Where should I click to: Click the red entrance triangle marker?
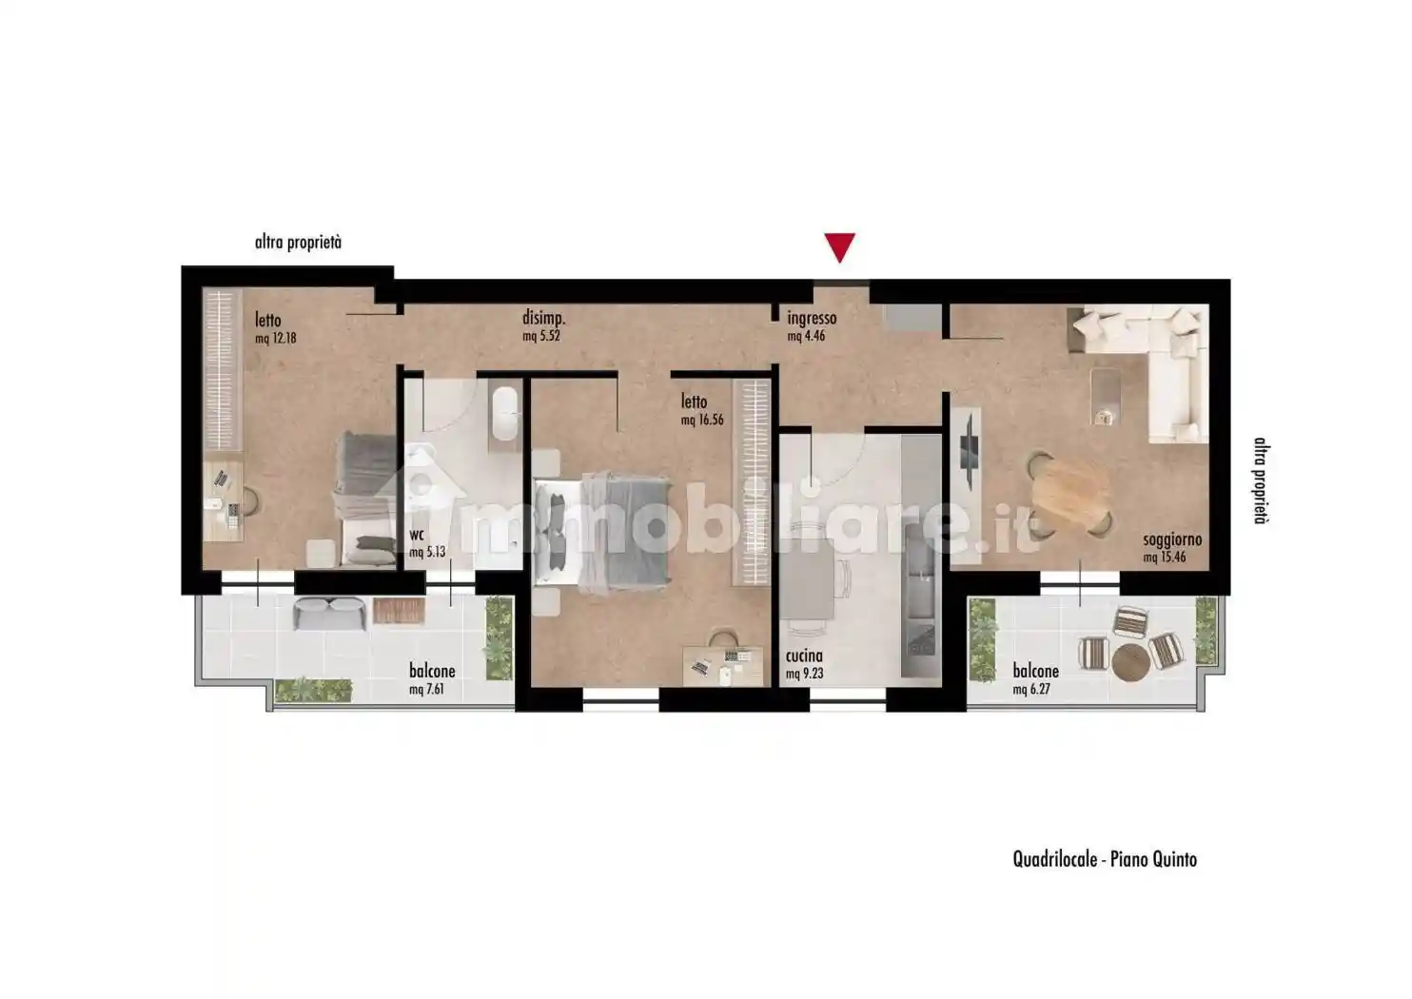[x=838, y=246]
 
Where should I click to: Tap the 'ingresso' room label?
[x=812, y=320]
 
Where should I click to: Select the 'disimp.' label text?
[x=550, y=318]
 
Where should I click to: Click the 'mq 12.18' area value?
[x=276, y=338]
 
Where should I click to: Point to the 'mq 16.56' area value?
[x=703, y=420]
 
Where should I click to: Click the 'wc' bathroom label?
[x=417, y=535]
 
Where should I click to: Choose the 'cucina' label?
[x=804, y=656]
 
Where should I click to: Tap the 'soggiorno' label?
[x=1172, y=540]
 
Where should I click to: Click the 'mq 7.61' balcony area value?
[x=426, y=689]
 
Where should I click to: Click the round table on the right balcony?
[x=1129, y=660]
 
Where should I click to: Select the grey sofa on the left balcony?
[x=329, y=615]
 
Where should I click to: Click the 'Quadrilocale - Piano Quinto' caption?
[x=1104, y=860]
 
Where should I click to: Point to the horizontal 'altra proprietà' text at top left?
[x=298, y=243]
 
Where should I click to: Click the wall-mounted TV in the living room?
[x=968, y=448]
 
